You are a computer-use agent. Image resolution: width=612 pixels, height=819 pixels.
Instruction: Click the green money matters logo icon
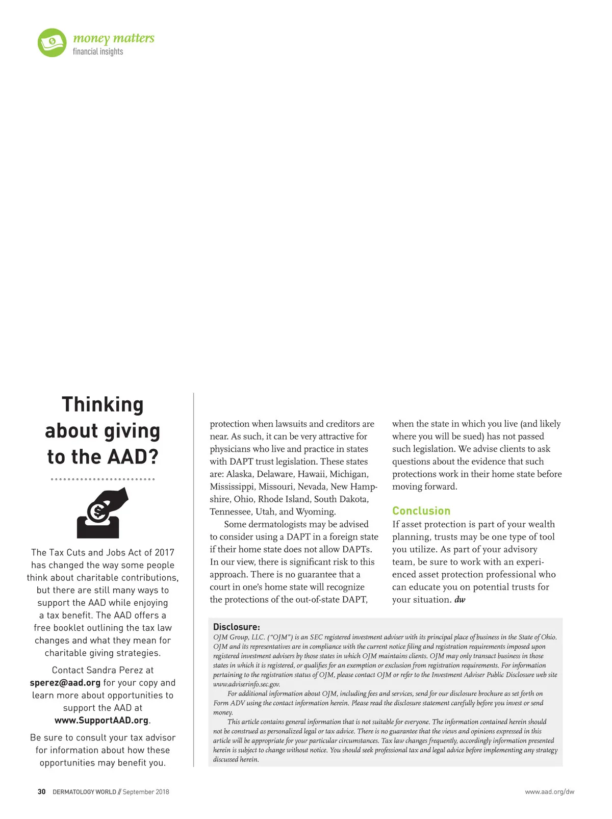pyautogui.click(x=52, y=43)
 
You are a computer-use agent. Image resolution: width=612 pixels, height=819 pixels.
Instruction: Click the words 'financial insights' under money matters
pyautogui.click(x=98, y=52)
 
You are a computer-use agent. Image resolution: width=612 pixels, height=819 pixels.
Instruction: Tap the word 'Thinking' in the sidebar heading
pyautogui.click(x=103, y=404)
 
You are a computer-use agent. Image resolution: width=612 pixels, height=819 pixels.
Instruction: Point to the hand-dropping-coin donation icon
pyautogui.click(x=102, y=513)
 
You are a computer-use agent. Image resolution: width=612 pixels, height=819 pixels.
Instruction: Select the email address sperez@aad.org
pyautogui.click(x=65, y=683)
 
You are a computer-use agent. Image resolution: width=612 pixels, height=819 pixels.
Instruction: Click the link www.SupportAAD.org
pyautogui.click(x=101, y=721)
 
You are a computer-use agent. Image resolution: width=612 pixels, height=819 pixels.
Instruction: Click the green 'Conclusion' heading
pyautogui.click(x=421, y=511)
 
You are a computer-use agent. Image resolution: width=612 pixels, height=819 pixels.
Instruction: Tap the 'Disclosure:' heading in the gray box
pyautogui.click(x=237, y=627)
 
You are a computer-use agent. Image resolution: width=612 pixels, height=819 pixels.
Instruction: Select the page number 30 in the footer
pyautogui.click(x=41, y=792)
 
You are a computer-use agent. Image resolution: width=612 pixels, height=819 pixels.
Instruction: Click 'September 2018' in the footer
pyautogui.click(x=146, y=792)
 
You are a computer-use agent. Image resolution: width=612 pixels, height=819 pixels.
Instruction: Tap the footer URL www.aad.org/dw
pyautogui.click(x=549, y=792)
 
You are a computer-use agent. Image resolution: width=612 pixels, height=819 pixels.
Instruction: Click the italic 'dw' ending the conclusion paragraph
pyautogui.click(x=460, y=600)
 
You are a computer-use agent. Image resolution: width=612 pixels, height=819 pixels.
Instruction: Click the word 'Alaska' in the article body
pyautogui.click(x=239, y=474)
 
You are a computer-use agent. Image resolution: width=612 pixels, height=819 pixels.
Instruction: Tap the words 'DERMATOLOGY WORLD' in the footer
pyautogui.click(x=84, y=792)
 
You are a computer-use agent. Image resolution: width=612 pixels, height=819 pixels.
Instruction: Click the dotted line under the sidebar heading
pyautogui.click(x=103, y=479)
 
